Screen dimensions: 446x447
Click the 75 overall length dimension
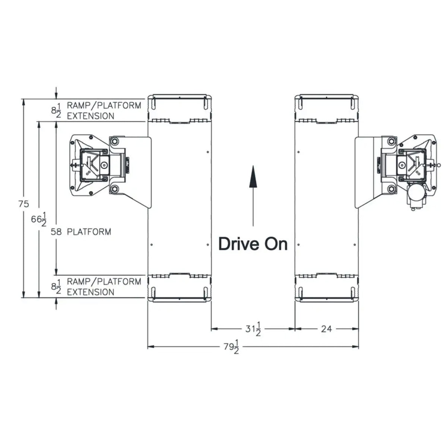24,204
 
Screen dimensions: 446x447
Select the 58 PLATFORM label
81,232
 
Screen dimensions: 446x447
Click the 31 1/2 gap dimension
253,330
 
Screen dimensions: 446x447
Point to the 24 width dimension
326,329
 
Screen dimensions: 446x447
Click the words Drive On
253,244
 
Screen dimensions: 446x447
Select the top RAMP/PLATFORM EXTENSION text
104,110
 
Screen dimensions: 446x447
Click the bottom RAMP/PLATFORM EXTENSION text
104,286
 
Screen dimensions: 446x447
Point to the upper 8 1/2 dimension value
56,110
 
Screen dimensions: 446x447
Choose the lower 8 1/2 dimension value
56,287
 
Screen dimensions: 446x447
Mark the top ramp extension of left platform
180,108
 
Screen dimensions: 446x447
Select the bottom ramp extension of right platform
326,289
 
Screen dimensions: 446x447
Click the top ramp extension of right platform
326,108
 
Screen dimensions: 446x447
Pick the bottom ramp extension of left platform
180,289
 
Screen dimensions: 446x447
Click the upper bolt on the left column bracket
114,141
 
